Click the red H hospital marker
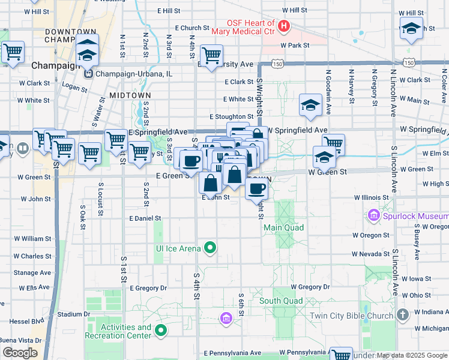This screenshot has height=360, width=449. (283, 26)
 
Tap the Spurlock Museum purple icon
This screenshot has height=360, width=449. (373, 215)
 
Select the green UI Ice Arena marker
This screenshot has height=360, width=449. (210, 247)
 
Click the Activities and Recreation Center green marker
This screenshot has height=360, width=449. (161, 330)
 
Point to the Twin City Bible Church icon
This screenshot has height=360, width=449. (403, 314)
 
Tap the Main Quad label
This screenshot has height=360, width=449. (283, 227)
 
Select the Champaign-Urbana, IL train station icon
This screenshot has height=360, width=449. (88, 74)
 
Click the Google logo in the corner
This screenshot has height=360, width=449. (19, 353)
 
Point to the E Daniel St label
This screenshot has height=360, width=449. (145, 219)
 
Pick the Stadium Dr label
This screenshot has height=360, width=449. (74, 314)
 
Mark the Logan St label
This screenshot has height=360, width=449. (74, 88)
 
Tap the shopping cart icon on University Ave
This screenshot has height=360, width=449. (211, 56)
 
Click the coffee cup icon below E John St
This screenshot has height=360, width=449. (256, 188)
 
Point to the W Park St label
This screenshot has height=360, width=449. (295, 45)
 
